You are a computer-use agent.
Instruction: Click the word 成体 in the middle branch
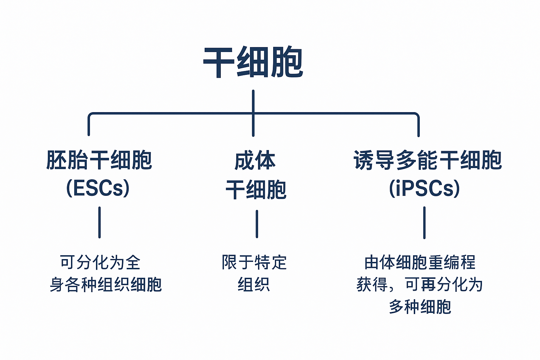click(x=255, y=161)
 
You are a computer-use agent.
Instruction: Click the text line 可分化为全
click(x=100, y=262)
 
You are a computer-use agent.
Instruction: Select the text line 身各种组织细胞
click(x=105, y=284)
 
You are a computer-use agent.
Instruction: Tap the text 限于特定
click(x=254, y=262)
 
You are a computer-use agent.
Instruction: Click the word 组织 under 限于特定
click(x=254, y=284)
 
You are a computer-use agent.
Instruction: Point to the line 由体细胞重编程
click(x=420, y=262)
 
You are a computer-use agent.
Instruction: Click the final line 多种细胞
click(x=420, y=307)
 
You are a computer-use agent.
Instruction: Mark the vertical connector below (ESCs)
click(x=99, y=222)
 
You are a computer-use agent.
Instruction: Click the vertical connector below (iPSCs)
click(x=424, y=222)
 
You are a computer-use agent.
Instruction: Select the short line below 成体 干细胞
click(x=257, y=224)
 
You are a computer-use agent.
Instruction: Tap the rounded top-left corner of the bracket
click(x=90, y=115)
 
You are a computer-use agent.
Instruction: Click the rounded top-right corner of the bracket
click(x=417, y=115)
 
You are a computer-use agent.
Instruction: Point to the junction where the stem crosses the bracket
click(x=253, y=114)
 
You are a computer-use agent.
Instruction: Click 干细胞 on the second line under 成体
click(x=256, y=189)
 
